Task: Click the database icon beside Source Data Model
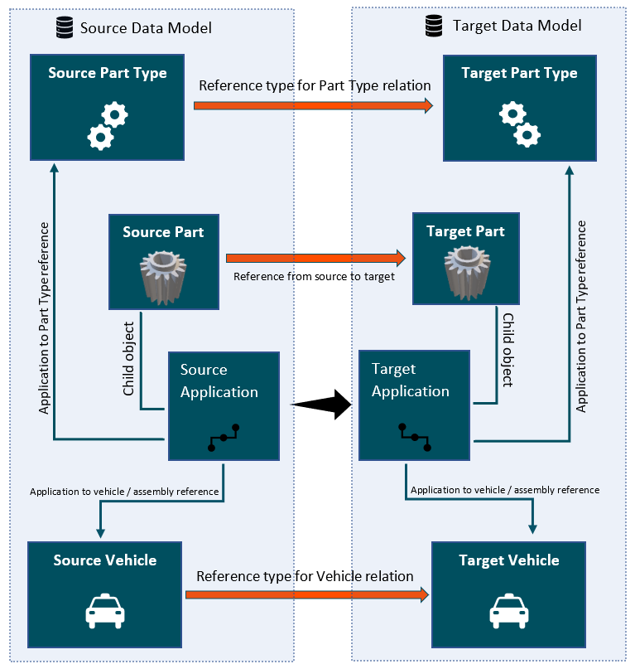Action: pos(62,28)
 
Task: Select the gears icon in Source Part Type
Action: pos(108,124)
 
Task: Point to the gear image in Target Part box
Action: pos(465,274)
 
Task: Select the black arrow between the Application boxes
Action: pos(322,405)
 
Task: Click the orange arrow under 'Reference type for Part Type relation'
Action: pos(314,105)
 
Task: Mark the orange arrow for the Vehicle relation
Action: pos(307,594)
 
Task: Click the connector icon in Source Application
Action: pos(224,438)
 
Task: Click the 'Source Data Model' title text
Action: pos(146,28)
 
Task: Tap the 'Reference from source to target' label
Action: pos(314,277)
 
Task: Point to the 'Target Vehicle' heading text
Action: pos(508,561)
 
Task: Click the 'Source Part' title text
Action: pos(163,232)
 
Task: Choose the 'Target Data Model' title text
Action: pos(517,26)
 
